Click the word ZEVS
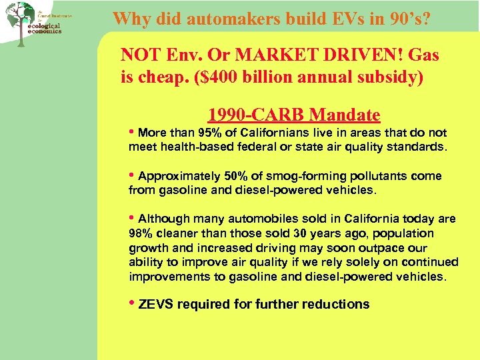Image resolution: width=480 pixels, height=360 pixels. pyautogui.click(x=155, y=304)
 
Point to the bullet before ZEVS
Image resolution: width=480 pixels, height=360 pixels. pyautogui.click(x=132, y=303)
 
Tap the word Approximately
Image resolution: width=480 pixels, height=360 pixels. pyautogui.click(x=179, y=176)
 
